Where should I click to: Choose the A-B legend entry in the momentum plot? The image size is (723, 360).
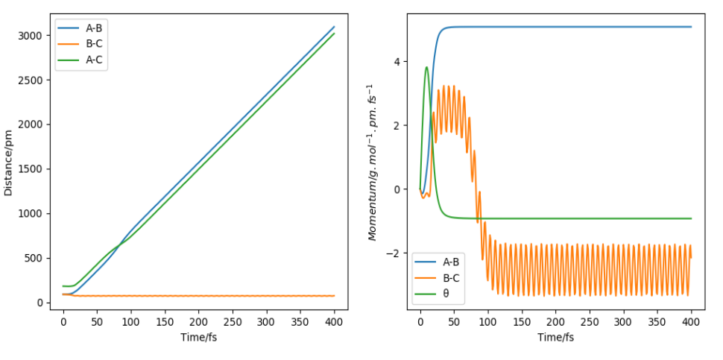(450, 263)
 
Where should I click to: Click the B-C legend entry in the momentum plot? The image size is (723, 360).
(450, 280)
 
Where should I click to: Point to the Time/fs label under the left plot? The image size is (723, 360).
(198, 337)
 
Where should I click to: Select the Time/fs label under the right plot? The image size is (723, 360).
(556, 337)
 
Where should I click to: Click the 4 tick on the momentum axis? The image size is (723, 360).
(398, 62)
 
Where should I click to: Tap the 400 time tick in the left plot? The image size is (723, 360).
(334, 321)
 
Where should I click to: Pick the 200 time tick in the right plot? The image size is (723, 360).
(556, 321)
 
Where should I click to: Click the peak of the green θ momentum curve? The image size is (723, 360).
(426, 67)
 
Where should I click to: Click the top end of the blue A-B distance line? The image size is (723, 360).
(334, 27)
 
